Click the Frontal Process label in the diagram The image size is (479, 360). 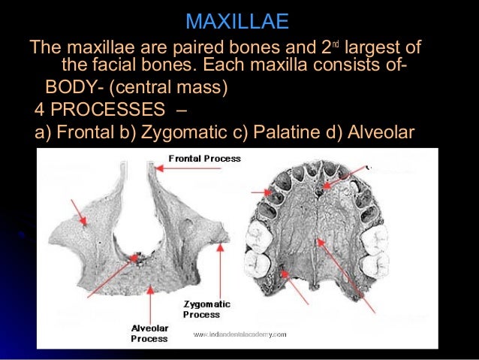[x=204, y=159]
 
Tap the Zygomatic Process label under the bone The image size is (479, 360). [x=202, y=309]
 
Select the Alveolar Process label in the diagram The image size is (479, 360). [x=149, y=334]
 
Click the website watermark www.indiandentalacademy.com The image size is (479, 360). [x=239, y=333]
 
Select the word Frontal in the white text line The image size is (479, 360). [x=81, y=134]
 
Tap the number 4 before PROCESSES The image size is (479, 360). [x=40, y=111]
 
